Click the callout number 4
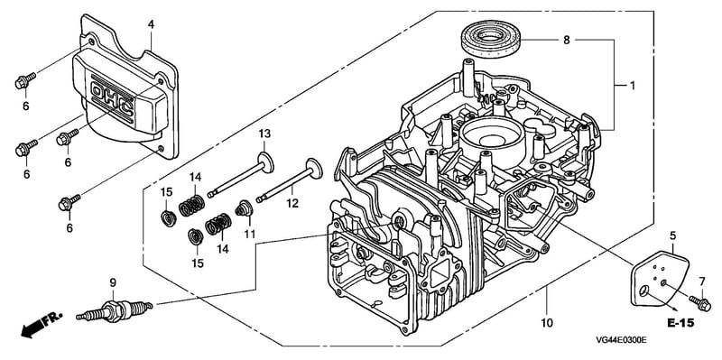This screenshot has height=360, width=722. point(151,25)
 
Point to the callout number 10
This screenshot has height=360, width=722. point(547,323)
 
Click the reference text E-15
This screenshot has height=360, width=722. point(680,323)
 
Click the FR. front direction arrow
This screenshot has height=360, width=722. point(42,325)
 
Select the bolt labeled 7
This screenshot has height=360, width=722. point(700,302)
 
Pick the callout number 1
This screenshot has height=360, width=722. point(632,86)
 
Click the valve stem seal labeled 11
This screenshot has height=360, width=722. point(243,209)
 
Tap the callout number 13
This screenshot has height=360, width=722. point(264,134)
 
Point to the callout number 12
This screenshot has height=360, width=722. point(292,203)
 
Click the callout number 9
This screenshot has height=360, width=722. point(111,282)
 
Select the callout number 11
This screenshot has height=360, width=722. point(250,234)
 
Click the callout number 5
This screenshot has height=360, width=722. point(672,236)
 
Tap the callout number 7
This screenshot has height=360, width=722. point(702,282)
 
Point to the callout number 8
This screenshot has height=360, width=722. point(566,40)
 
